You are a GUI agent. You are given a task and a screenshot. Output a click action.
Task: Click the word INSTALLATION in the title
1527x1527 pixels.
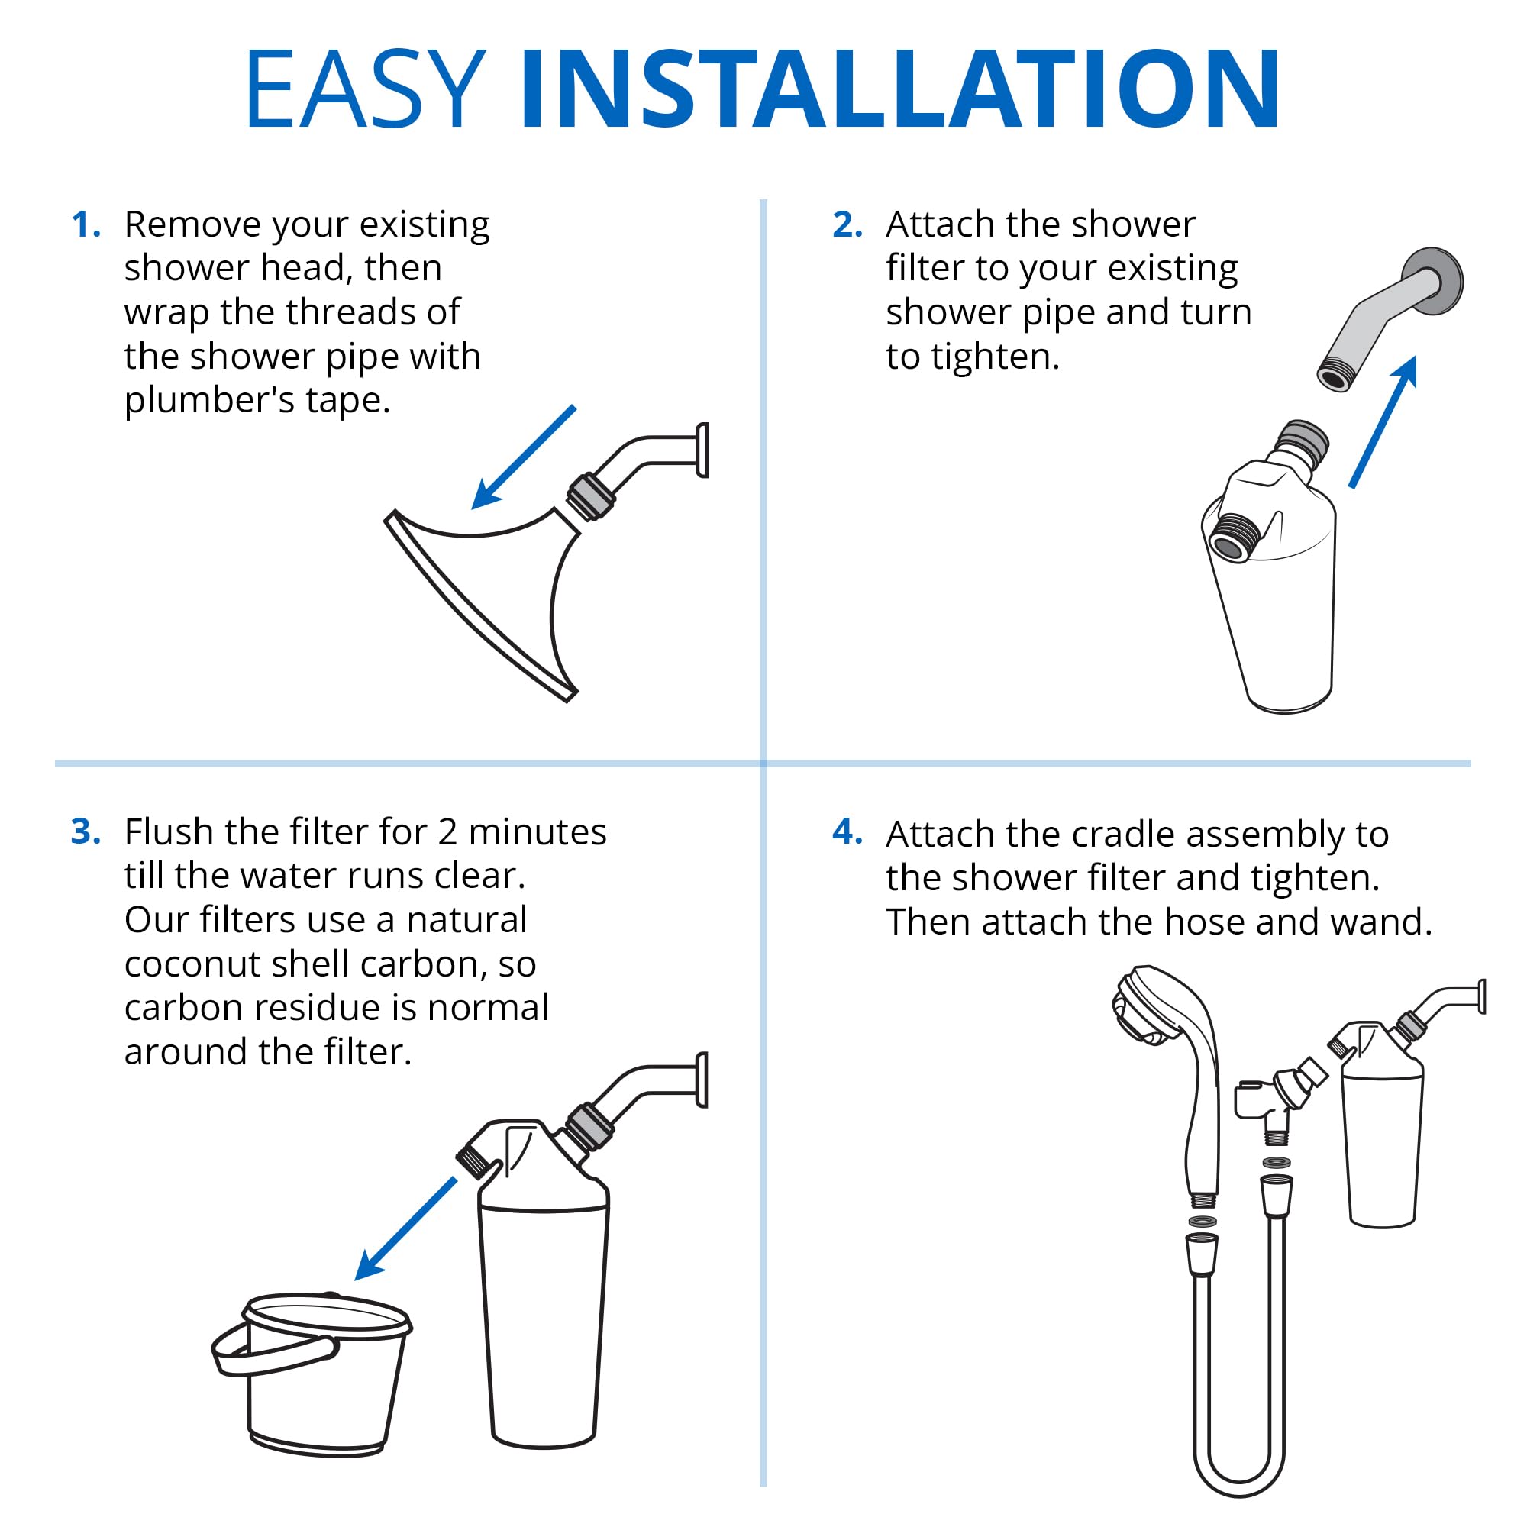(899, 89)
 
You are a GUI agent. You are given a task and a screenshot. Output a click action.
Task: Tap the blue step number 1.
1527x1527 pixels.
(86, 225)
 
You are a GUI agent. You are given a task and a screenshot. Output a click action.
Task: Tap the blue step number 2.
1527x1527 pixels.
(847, 225)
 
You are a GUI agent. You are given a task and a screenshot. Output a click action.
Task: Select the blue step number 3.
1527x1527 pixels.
(86, 831)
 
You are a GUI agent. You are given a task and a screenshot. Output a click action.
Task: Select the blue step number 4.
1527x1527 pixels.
(847, 831)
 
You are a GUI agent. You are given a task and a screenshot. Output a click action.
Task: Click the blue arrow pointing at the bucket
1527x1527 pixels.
(405, 1228)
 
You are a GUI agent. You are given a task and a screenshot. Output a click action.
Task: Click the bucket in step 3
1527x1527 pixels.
(316, 1391)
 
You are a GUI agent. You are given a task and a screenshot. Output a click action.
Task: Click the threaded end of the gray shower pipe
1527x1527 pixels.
(1335, 375)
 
